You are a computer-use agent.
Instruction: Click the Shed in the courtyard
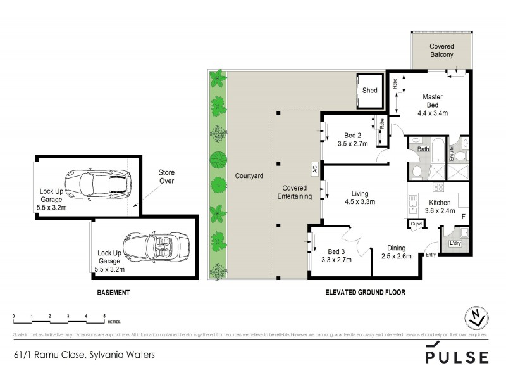click(x=369, y=90)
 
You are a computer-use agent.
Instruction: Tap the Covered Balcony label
click(x=441, y=51)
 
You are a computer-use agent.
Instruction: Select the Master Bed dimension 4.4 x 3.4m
click(x=433, y=114)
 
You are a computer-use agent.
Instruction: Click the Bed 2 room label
click(x=352, y=135)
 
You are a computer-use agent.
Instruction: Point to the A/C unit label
click(x=314, y=169)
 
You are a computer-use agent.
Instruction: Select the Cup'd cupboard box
click(x=416, y=224)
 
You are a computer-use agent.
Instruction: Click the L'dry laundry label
click(x=454, y=244)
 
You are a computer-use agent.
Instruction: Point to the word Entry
click(x=431, y=255)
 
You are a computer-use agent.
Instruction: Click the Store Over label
click(x=166, y=177)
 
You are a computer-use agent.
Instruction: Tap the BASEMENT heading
click(x=113, y=293)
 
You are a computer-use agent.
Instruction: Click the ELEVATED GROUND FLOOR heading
click(x=364, y=293)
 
